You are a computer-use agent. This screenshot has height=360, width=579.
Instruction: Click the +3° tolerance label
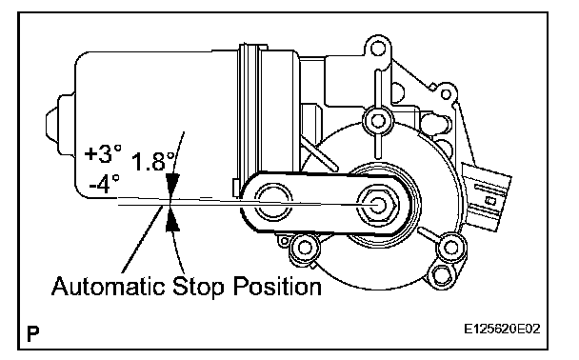coord(103,153)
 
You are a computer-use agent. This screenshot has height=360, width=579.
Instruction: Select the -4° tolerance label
coord(105,184)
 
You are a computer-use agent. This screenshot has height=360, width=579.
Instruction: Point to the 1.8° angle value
coord(152,162)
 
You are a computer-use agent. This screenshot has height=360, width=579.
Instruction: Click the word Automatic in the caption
coord(108,286)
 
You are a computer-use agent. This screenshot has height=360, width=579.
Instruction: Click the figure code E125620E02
coord(502,329)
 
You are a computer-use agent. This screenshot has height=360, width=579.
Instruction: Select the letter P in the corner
coord(33,333)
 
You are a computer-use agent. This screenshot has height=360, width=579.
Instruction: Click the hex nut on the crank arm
coord(377,205)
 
